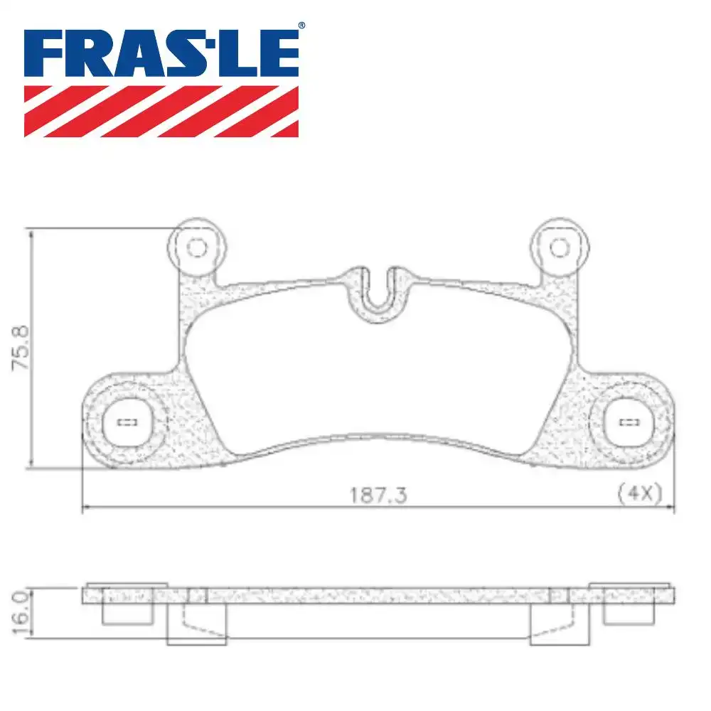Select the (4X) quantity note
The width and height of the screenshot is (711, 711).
click(x=640, y=492)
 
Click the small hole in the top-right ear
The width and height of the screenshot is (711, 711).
click(x=560, y=247)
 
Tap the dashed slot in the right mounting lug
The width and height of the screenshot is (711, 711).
click(x=629, y=422)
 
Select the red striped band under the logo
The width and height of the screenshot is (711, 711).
click(x=161, y=111)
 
